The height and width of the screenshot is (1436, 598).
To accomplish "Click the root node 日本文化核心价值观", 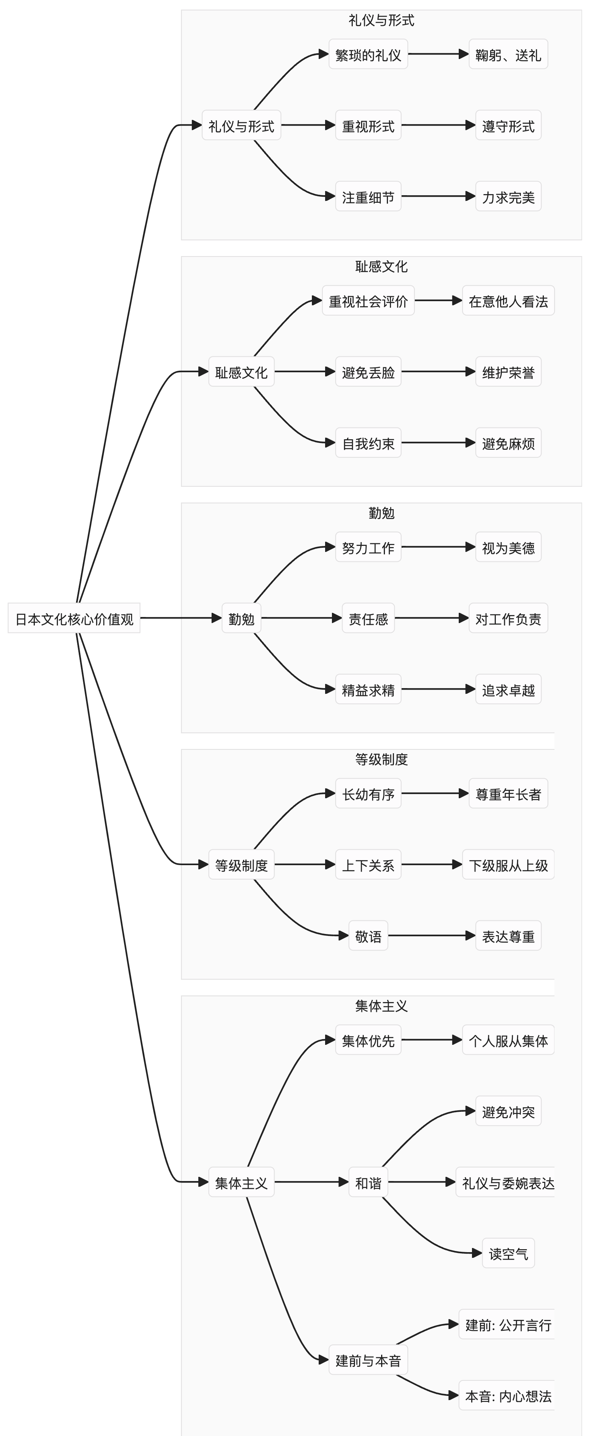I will tap(74, 618).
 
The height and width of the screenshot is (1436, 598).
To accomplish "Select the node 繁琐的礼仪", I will tap(368, 54).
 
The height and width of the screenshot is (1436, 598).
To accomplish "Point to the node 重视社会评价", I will tap(368, 301).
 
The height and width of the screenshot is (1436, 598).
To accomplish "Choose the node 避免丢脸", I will tap(368, 372).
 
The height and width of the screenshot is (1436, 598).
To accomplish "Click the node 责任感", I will tap(368, 618).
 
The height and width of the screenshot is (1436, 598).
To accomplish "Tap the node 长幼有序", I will tap(368, 794).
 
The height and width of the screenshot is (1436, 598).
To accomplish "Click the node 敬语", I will tap(368, 936).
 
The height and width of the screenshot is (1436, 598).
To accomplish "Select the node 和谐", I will tap(368, 1183).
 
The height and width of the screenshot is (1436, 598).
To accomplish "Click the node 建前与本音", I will tap(368, 1360).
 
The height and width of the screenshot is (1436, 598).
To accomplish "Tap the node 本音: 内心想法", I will tap(507, 1396).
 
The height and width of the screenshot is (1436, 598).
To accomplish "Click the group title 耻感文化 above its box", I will tap(382, 266).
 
